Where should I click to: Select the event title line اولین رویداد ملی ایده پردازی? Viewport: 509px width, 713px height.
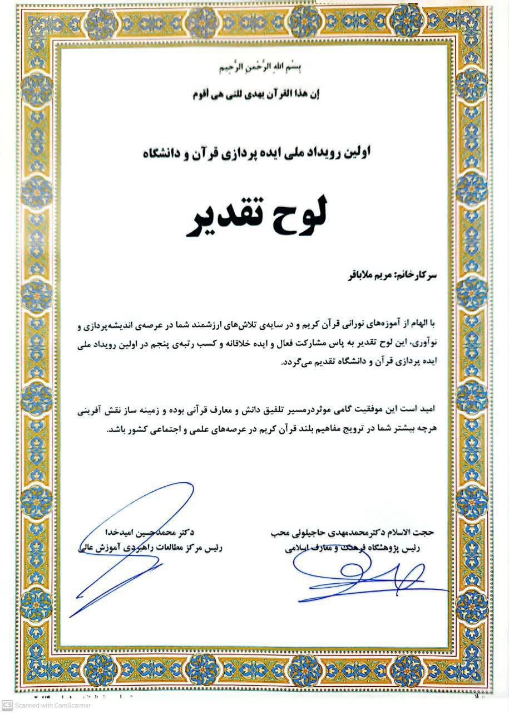pos(255,151)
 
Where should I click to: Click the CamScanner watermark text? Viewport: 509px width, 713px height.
pos(50,706)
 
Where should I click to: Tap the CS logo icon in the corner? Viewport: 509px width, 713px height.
pos(7,706)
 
